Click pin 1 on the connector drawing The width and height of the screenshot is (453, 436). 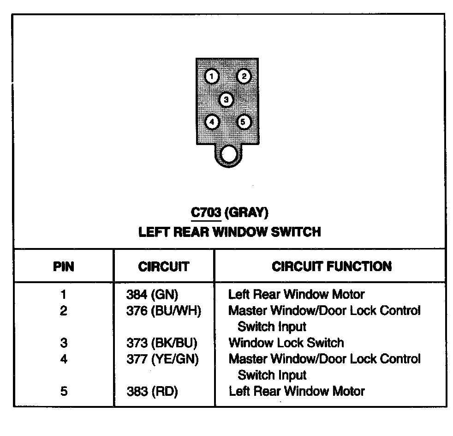pos(211,76)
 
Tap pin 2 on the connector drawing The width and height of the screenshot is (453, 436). pos(244,76)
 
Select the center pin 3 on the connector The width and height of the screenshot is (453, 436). pos(226,99)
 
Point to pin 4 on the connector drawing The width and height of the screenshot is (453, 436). pos(211,122)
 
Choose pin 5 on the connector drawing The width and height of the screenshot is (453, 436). pos(244,122)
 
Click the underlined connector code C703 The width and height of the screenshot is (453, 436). pos(206,213)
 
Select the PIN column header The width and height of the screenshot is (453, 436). pos(63,266)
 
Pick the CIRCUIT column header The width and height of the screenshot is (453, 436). pos(163,266)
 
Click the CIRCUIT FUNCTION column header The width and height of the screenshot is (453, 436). pos(331,266)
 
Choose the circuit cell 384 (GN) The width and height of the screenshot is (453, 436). pos(152,294)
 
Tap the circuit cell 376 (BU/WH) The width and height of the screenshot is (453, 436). pos(163,310)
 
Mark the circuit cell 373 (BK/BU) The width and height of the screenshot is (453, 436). pos(161,343)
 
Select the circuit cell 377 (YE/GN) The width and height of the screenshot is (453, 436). pos(162,359)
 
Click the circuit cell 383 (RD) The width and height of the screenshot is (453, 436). pos(152,391)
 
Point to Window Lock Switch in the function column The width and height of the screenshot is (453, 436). pos(286,343)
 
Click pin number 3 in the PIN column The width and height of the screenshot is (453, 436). pos(63,343)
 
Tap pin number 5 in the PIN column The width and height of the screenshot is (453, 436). pos(63,391)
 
